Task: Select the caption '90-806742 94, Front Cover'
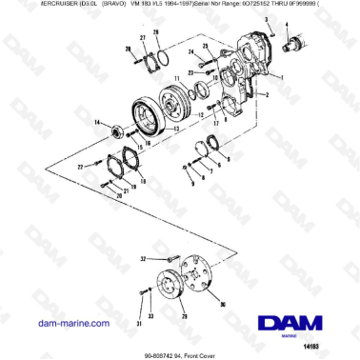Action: click(x=179, y=350)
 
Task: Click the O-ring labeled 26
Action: click(x=159, y=58)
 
